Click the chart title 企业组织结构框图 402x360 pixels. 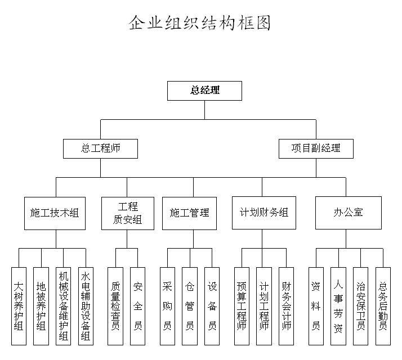[200, 23]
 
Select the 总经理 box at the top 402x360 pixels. [204, 91]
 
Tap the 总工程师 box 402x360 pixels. [101, 148]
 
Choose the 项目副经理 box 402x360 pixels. [316, 148]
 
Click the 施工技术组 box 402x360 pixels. [55, 213]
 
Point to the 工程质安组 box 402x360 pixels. [127, 213]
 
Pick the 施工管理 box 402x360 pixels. [189, 213]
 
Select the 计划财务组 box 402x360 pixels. [263, 213]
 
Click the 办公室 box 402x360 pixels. [348, 213]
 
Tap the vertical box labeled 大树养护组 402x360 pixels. [19, 305]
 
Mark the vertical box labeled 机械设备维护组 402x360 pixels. [63, 305]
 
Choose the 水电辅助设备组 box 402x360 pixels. [86, 305]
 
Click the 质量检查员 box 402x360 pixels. [115, 305]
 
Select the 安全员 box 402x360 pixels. [137, 305]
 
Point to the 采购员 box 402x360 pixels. [167, 305]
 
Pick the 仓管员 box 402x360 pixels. [190, 305]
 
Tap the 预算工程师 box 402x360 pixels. [242, 305]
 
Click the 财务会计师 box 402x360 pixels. [286, 305]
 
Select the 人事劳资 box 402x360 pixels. [338, 305]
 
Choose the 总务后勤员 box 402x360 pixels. [383, 305]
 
